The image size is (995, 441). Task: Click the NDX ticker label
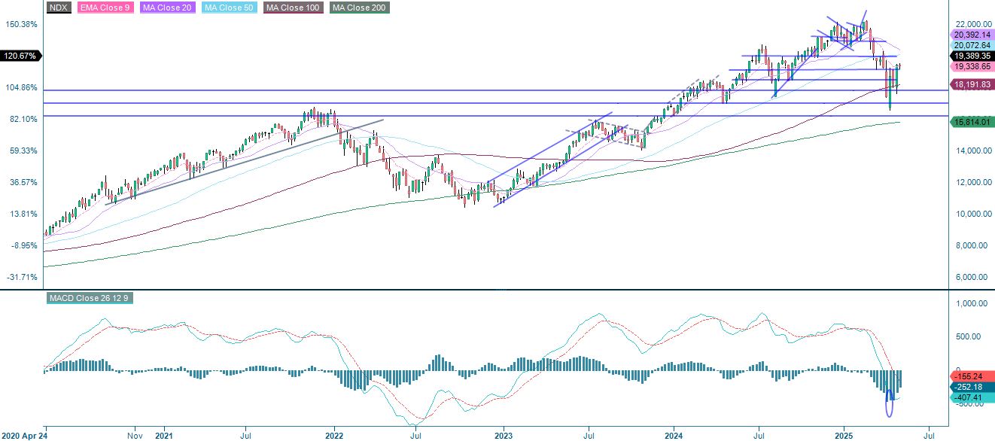point(57,8)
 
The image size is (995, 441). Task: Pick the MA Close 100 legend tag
point(291,8)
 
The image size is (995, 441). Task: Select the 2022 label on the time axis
point(334,435)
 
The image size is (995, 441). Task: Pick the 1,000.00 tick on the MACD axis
point(968,304)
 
